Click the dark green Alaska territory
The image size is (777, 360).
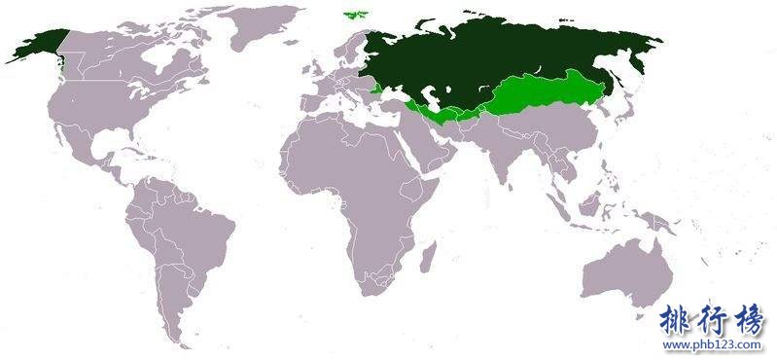pyautogui.click(x=35, y=44)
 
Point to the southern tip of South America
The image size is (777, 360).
pyautogui.click(x=176, y=337)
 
